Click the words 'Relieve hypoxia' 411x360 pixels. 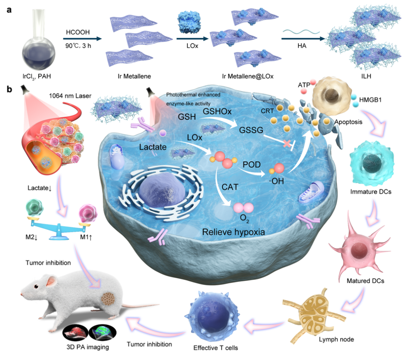click(233, 233)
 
